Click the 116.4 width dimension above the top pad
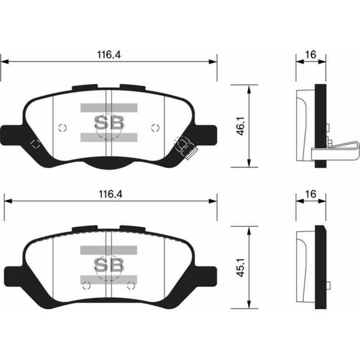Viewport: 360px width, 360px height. click(110, 54)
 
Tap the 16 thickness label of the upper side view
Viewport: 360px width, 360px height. click(311, 54)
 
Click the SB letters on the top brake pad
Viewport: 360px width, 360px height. click(109, 122)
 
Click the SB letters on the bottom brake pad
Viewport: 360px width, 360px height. click(109, 264)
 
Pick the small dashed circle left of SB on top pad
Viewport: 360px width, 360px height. click(63, 128)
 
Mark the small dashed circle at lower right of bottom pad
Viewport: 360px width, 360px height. click(131, 285)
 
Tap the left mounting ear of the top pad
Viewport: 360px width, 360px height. click(14, 134)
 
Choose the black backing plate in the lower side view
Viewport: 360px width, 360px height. click(320, 267)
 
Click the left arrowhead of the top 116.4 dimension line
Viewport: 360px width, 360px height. click(5, 62)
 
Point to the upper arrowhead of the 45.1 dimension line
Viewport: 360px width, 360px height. click(249, 231)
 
